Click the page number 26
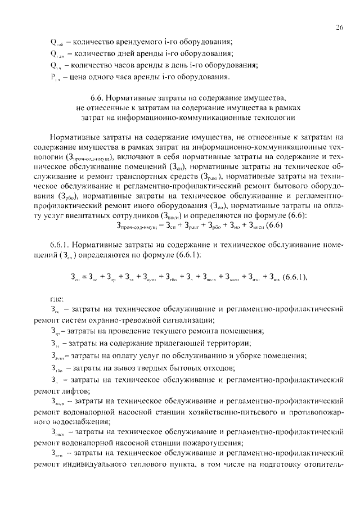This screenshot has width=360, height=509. [339, 26]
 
